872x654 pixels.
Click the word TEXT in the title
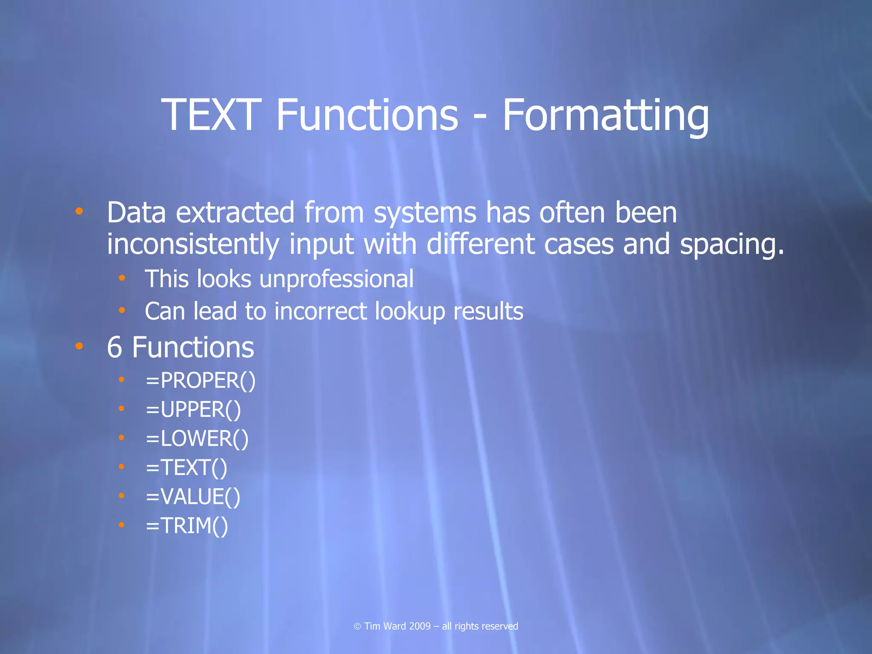[211, 115]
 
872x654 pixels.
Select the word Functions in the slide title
[367, 115]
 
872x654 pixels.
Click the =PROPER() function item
[201, 380]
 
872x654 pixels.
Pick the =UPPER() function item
[193, 410]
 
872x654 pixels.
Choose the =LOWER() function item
[197, 439]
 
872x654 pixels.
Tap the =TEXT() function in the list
[186, 468]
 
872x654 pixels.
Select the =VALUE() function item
[193, 497]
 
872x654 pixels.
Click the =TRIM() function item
[187, 526]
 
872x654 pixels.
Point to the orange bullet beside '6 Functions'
[79, 346]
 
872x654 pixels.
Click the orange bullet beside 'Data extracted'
[79, 211]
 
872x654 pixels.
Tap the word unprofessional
[336, 279]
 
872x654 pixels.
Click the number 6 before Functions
[115, 347]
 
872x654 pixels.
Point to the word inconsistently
[193, 245]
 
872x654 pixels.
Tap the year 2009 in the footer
[419, 626]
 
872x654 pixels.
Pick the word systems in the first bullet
[425, 213]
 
